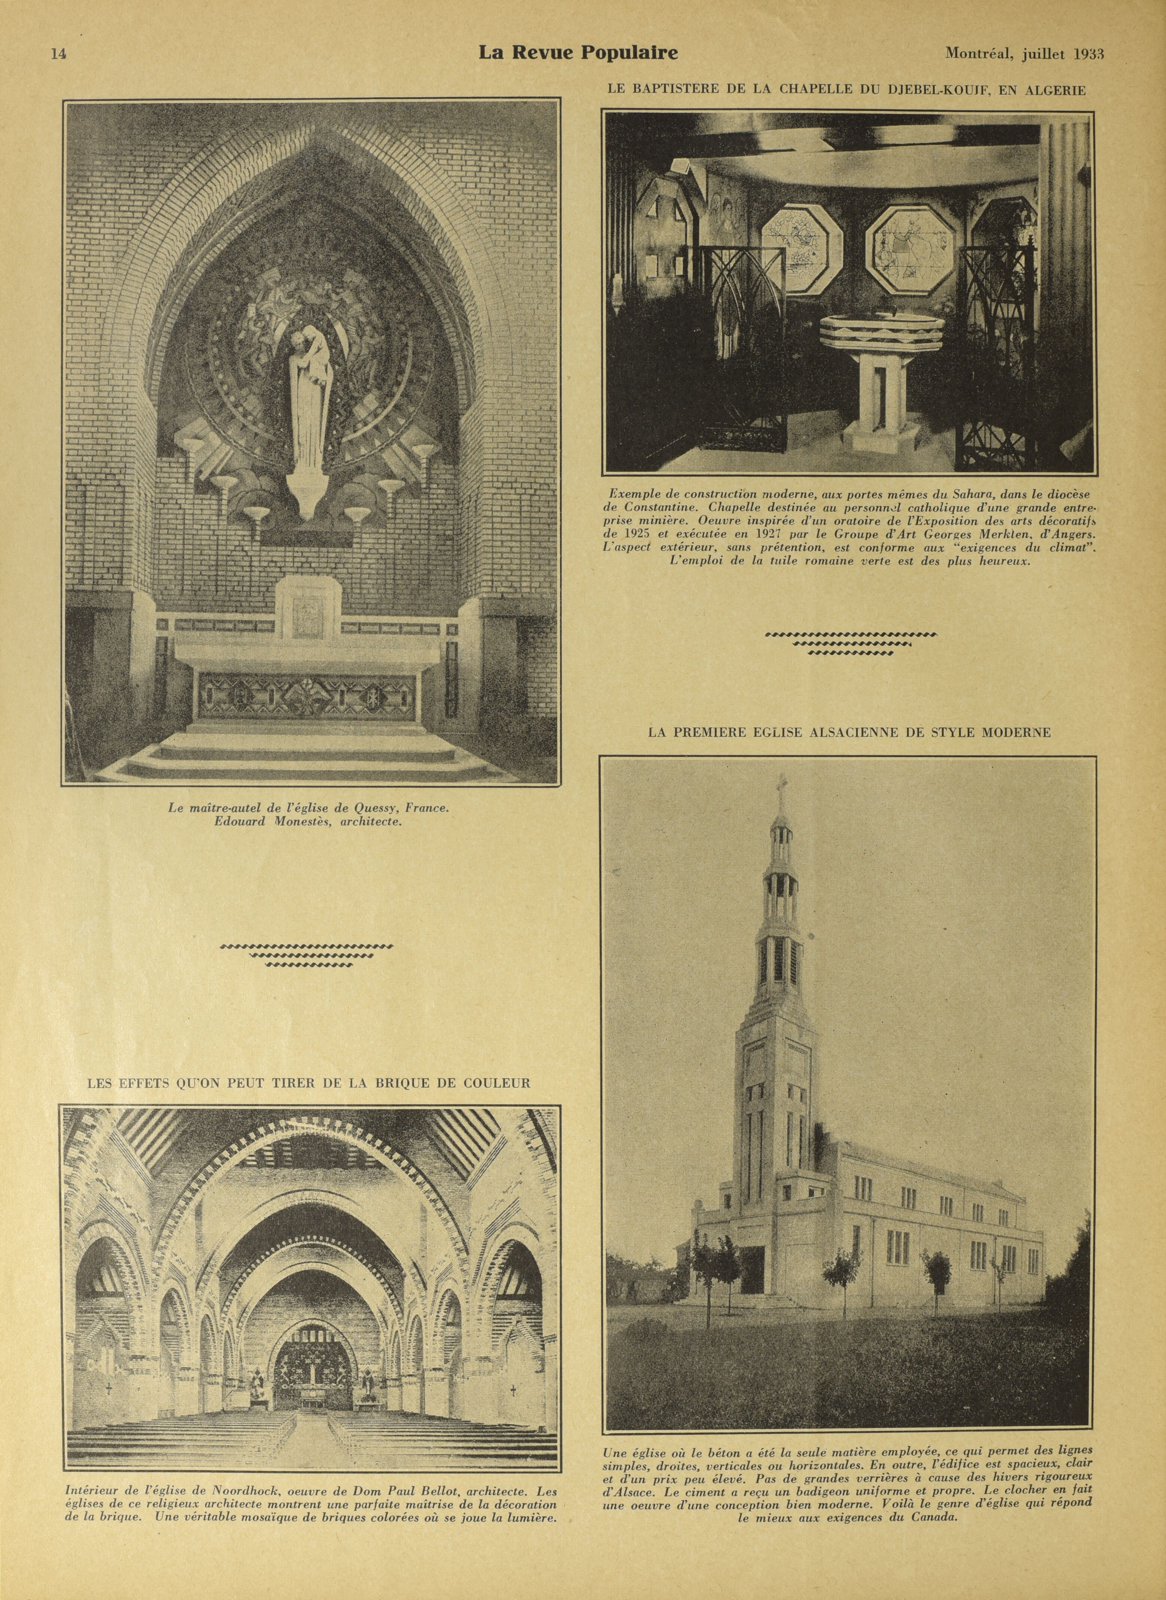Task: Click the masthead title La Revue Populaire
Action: coord(578,53)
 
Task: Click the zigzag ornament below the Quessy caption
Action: coord(307,956)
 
